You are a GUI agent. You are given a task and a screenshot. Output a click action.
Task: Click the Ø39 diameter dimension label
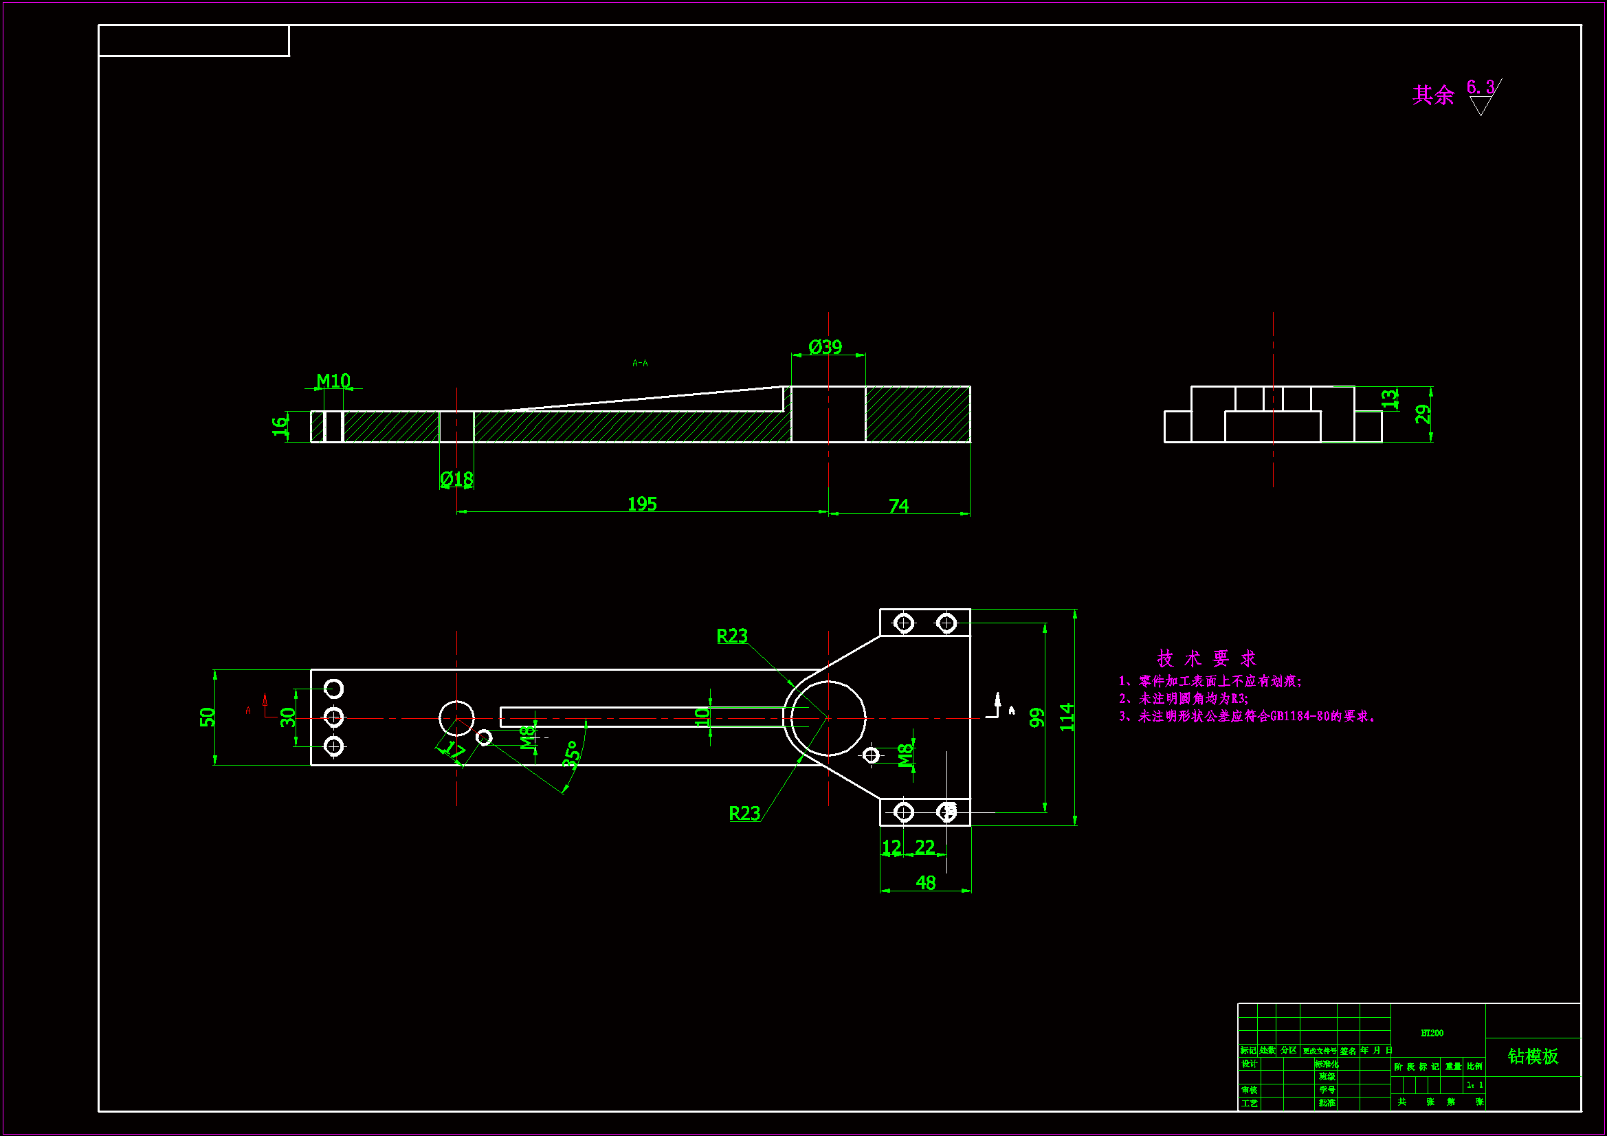pos(825,347)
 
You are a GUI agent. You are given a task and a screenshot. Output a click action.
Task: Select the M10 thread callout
pos(333,381)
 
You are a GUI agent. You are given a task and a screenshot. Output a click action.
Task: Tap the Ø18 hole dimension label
pos(456,479)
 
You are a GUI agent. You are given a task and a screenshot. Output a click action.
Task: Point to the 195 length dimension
pos(642,504)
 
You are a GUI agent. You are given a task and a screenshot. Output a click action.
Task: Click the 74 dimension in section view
pos(898,505)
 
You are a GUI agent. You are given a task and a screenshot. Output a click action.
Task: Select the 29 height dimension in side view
pos(1422,414)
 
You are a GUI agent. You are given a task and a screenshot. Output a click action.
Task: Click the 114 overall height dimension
pos(1067,717)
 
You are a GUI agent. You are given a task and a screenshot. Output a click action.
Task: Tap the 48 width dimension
pos(925,882)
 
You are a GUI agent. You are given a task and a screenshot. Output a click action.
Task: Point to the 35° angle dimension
pos(573,755)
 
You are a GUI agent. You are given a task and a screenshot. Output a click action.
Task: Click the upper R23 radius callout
pos(732,636)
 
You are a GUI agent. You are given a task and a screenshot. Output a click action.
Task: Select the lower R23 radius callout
pos(744,813)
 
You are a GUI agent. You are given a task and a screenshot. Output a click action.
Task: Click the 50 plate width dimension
pos(207,717)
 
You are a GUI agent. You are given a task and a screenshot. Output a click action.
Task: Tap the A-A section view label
pos(640,364)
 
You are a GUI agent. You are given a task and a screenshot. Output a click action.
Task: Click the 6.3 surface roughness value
pos(1481,87)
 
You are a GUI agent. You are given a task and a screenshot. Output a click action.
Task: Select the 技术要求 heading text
pos(1207,658)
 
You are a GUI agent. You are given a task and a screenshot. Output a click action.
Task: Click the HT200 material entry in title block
pos(1432,1033)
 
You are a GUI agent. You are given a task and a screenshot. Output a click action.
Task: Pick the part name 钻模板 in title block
pos(1533,1056)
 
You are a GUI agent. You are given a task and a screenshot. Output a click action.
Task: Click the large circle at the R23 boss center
pos(829,717)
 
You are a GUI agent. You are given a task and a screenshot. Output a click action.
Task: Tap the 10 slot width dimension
pos(702,716)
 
